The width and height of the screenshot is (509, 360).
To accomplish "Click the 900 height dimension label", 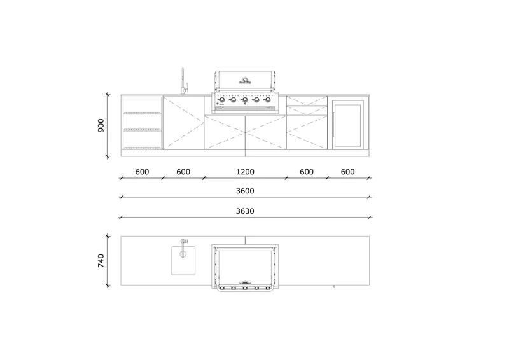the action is [x=101, y=126].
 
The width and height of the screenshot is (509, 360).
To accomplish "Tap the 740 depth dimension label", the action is [x=101, y=261].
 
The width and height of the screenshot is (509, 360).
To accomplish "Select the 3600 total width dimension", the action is [x=245, y=191].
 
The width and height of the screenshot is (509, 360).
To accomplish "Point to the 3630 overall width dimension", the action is [x=245, y=211].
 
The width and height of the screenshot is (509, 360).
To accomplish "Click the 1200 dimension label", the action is [x=245, y=172].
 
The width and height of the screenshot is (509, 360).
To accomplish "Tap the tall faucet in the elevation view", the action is [x=183, y=81].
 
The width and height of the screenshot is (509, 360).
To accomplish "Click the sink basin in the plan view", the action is [x=183, y=261].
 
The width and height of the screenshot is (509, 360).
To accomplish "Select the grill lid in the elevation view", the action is [x=245, y=81].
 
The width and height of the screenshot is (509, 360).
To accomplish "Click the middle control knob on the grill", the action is [x=245, y=100].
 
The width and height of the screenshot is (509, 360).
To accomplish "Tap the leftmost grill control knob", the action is [x=222, y=100].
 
